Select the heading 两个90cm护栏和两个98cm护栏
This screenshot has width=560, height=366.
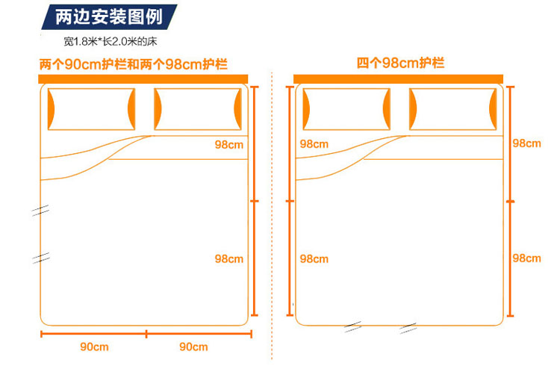point(134,64)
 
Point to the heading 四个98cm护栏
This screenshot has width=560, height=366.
point(400,63)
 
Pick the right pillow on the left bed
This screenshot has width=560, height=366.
point(198,108)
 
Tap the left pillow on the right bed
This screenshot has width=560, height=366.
point(346,108)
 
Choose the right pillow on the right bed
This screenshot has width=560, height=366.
point(452,108)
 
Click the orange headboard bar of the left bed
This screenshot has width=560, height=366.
point(144,78)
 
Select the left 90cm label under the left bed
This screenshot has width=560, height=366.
point(94,347)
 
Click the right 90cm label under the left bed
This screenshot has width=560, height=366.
point(193,347)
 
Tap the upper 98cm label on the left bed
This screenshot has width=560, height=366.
point(228,144)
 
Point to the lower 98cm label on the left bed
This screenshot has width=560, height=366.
point(228,259)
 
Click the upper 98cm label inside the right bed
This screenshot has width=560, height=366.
point(314,144)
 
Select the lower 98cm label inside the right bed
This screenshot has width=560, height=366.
point(314,259)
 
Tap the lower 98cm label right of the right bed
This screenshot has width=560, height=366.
point(526,258)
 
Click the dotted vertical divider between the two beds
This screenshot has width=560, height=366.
point(274,202)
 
